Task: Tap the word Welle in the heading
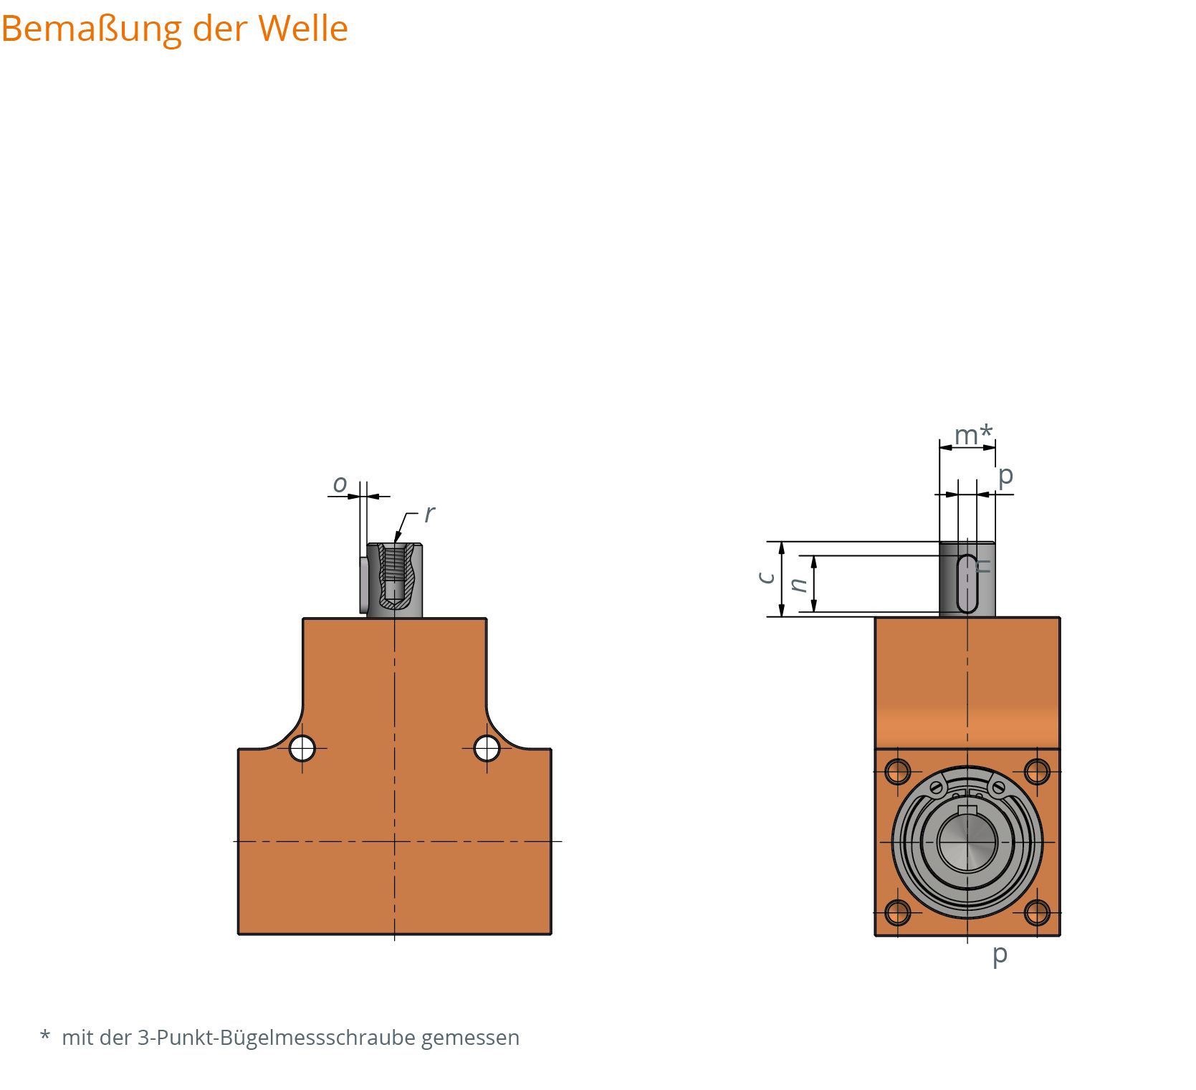[303, 29]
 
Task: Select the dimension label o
[340, 484]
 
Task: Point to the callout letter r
[429, 514]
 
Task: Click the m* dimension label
[973, 434]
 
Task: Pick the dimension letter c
[766, 578]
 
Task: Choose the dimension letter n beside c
[798, 585]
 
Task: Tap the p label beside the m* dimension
[1005, 475]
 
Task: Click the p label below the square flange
[1000, 955]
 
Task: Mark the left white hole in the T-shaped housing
[302, 749]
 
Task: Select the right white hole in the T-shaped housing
[487, 749]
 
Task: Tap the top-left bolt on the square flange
[897, 772]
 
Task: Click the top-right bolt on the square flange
[1037, 772]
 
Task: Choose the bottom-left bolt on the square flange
[897, 912]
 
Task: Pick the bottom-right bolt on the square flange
[1037, 912]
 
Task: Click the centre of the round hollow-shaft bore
[967, 842]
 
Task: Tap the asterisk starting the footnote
[45, 1036]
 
